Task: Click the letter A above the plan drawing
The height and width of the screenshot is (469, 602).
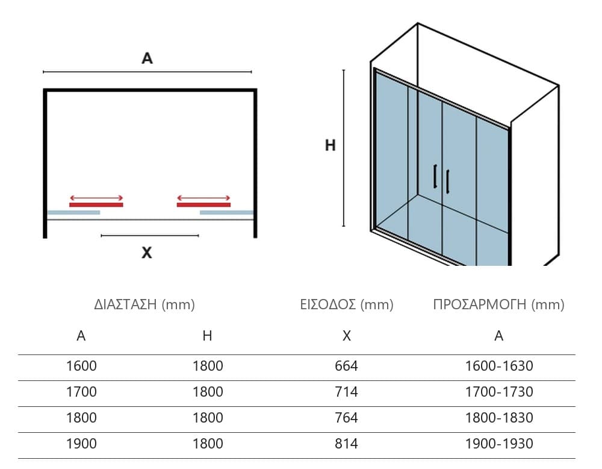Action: coord(147,58)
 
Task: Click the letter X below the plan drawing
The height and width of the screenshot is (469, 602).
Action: coord(147,253)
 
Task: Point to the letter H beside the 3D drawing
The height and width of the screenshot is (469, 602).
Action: coord(330,145)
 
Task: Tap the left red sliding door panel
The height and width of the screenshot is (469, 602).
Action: coord(96,205)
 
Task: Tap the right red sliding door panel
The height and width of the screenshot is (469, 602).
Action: coord(203,205)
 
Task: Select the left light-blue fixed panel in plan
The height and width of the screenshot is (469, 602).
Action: coord(73,213)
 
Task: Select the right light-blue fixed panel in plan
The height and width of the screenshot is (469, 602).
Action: coord(226,213)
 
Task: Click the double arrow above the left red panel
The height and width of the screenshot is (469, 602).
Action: coord(96,198)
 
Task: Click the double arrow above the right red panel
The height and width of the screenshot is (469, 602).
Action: coord(203,198)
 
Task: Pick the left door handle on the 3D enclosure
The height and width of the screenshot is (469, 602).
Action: coord(435,176)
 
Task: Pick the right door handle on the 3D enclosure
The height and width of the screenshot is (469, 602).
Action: coord(448,181)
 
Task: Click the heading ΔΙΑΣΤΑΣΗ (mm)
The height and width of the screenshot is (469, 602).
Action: coord(144,304)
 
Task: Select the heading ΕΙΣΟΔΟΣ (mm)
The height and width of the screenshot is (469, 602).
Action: coord(347,304)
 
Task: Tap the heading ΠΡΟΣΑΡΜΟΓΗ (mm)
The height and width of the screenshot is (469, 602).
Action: coord(498,304)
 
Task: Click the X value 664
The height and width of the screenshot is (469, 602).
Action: coord(346,366)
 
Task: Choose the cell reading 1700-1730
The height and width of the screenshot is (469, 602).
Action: coord(499,392)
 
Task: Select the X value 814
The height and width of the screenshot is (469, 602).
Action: coord(346,444)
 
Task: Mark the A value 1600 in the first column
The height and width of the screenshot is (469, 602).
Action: coord(81,366)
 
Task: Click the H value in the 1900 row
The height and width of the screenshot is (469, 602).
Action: coord(208,444)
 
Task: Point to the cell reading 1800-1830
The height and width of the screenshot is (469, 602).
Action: coord(499,418)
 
